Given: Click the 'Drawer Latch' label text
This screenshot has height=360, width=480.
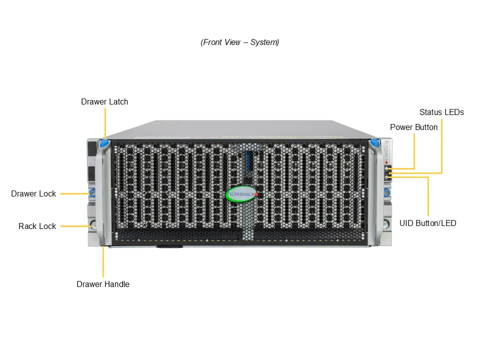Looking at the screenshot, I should pyautogui.click(x=104, y=102).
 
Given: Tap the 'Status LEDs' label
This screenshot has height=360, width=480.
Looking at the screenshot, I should pyautogui.click(x=441, y=112).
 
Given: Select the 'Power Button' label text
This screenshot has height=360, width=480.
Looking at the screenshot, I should pyautogui.click(x=413, y=127).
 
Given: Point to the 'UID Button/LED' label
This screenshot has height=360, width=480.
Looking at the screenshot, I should pyautogui.click(x=427, y=223).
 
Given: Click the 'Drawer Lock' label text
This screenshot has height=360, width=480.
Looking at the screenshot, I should pyautogui.click(x=33, y=194).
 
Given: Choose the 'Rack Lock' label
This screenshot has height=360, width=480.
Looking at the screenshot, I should pyautogui.click(x=37, y=226).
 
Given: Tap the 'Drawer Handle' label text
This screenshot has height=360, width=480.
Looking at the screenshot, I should pyautogui.click(x=103, y=284).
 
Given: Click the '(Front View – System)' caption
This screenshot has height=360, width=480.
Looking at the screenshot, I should pyautogui.click(x=240, y=42).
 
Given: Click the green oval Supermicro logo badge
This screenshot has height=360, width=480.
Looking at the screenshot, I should pyautogui.click(x=242, y=194).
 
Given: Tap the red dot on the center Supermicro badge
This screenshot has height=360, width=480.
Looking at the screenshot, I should pyautogui.click(x=256, y=194).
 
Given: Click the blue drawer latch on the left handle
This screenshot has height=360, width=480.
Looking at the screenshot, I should pyautogui.click(x=104, y=143).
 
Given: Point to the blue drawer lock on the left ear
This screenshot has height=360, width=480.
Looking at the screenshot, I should pyautogui.click(x=92, y=192).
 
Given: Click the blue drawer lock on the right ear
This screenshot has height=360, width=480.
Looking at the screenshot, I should pyautogui.click(x=386, y=192).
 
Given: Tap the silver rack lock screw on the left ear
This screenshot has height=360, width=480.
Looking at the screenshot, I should pyautogui.click(x=93, y=226).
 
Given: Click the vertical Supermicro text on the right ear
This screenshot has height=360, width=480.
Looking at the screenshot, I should pyautogui.click(x=387, y=150).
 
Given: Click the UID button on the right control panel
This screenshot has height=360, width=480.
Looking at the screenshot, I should pyautogui.click(x=387, y=177).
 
